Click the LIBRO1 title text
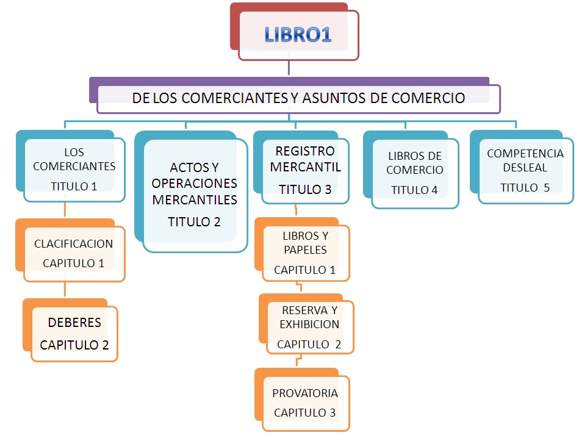(298, 34)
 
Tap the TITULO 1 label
(74, 186)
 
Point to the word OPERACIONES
(194, 184)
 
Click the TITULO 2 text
(194, 221)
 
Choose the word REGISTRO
(305, 151)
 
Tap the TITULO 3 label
(305, 190)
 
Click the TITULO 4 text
(414, 190)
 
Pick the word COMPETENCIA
(525, 154)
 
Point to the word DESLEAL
(525, 167)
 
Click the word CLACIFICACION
(73, 244)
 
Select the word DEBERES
(74, 322)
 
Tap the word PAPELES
(305, 249)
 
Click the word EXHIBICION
(309, 324)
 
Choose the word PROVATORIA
(305, 393)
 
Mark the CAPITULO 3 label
(304, 412)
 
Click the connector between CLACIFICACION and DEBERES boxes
(65, 290)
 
